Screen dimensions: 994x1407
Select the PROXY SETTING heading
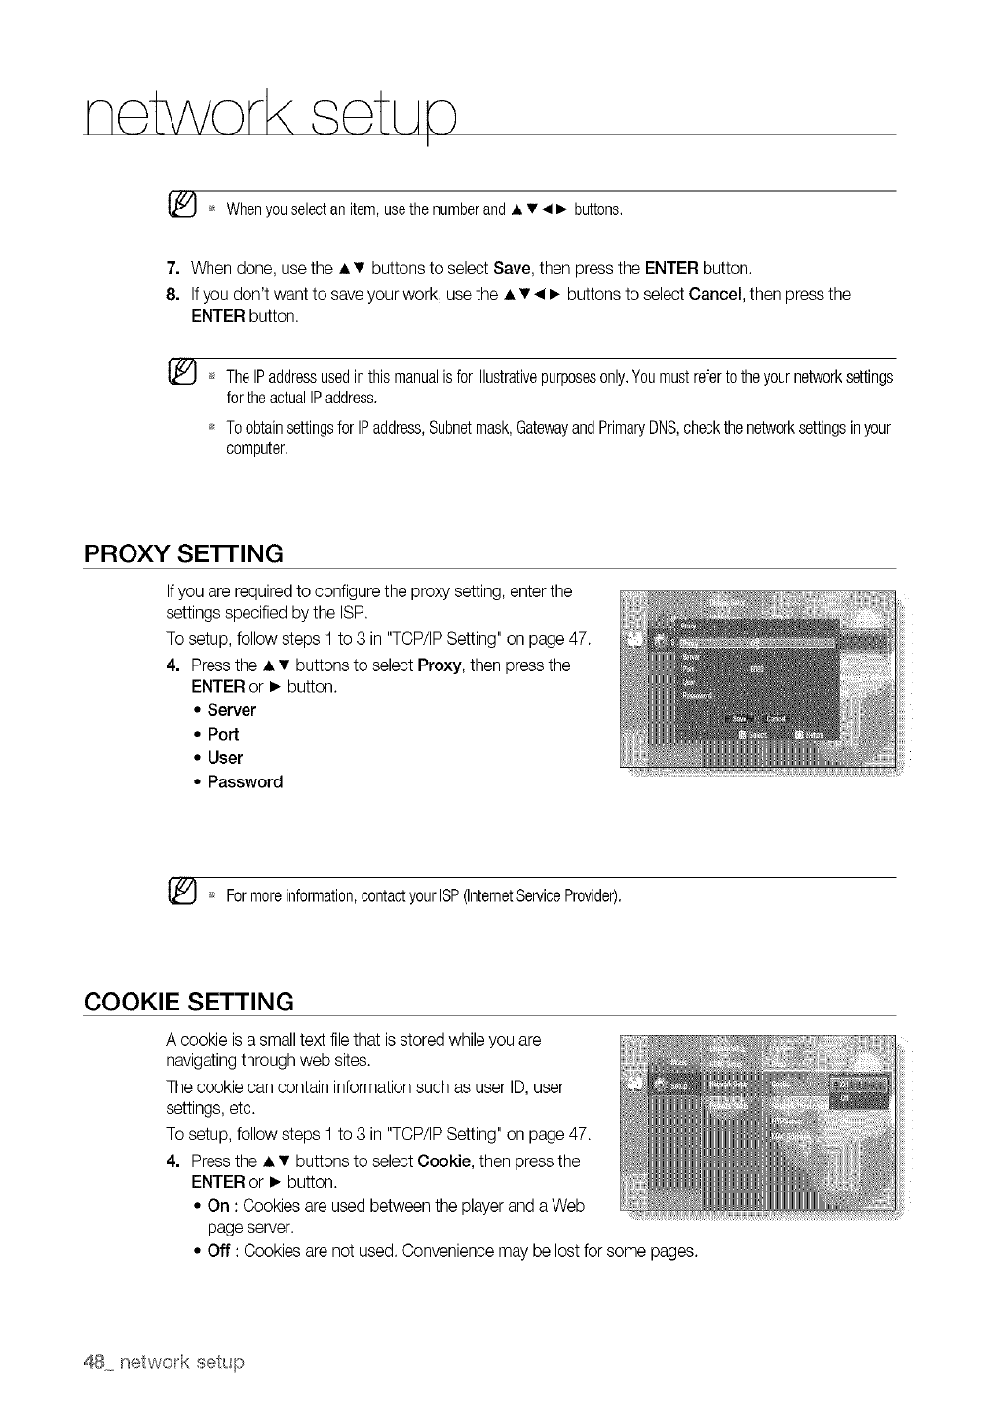pos(183,553)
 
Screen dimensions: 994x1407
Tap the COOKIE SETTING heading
pos(189,1001)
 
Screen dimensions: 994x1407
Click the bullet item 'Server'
pos(231,710)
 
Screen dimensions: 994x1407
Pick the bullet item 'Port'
pos(222,734)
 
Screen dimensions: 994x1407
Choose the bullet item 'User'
pos(224,758)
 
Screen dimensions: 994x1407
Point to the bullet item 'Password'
pos(245,781)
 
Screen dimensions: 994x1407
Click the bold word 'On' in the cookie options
pos(218,1206)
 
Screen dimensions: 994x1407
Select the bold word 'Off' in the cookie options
pos(219,1251)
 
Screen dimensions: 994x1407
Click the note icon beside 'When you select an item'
pos(183,207)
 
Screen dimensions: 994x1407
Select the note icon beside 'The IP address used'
pos(183,374)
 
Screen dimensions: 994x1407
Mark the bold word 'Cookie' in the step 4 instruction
pos(444,1161)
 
